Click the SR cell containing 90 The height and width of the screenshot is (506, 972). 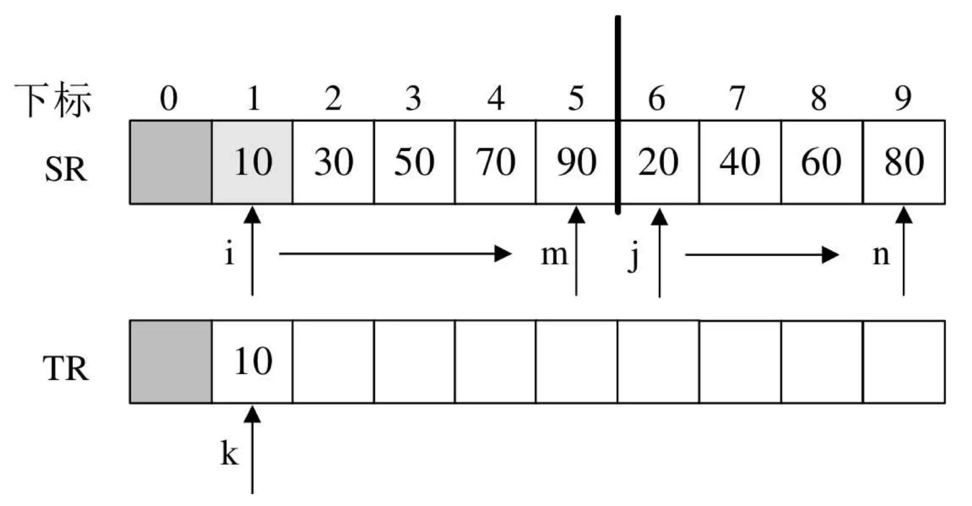(x=576, y=162)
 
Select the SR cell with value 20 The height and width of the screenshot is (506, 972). (x=658, y=162)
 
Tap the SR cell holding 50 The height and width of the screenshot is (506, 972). (x=414, y=162)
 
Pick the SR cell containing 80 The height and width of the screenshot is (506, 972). (x=904, y=162)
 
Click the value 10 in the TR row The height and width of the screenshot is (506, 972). (x=252, y=361)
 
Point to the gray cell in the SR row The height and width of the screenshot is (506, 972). (x=171, y=162)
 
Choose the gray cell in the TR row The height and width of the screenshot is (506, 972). (x=171, y=362)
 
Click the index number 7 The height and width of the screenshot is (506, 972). (x=738, y=98)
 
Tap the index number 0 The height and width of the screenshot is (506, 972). (x=169, y=98)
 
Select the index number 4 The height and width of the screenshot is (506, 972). (x=496, y=98)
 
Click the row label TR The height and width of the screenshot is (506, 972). (x=66, y=369)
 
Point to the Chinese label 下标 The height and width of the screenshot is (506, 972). (x=53, y=100)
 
